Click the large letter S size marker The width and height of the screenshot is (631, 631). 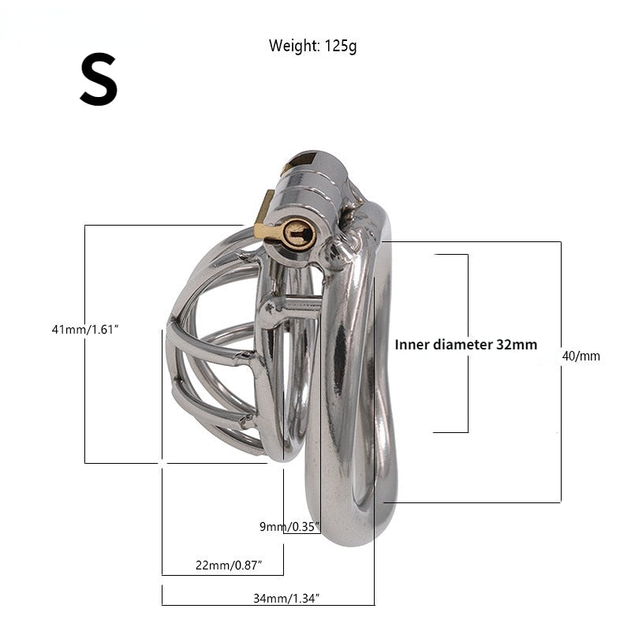(99, 80)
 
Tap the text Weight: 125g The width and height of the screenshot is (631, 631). (312, 46)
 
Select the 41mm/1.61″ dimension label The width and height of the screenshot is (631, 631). (85, 330)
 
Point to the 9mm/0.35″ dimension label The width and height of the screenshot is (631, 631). (289, 526)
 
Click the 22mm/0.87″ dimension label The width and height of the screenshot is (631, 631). (229, 565)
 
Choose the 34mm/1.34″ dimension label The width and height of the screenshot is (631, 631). (286, 599)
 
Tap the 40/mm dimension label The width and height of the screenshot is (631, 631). (581, 356)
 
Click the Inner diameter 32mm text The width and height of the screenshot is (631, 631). (466, 345)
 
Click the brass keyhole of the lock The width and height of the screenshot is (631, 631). (298, 233)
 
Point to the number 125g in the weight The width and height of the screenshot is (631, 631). (341, 47)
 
